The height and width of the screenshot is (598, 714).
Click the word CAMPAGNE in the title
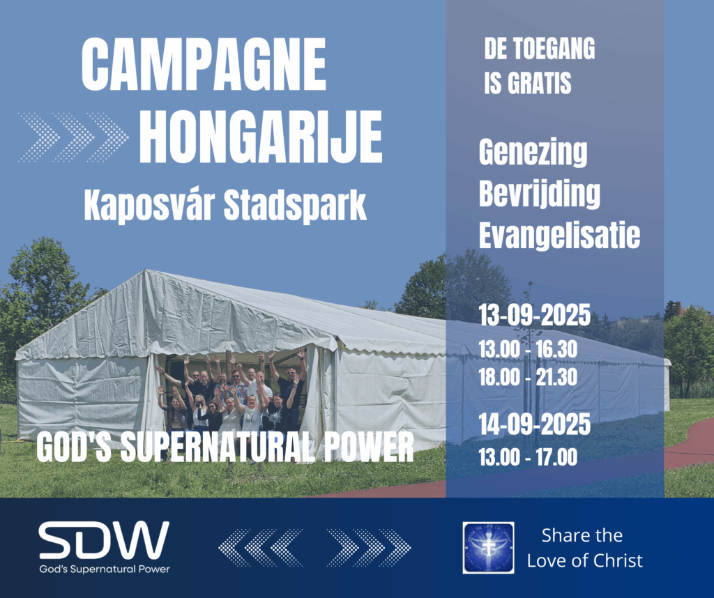pyautogui.click(x=204, y=64)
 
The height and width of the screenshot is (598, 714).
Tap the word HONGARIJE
pyautogui.click(x=261, y=137)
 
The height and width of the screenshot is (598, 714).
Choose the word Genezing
pyautogui.click(x=533, y=153)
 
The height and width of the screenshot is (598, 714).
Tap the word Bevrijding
pyautogui.click(x=540, y=194)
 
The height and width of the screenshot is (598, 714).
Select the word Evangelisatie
pyautogui.click(x=560, y=235)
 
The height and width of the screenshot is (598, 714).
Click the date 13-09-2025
pyautogui.click(x=535, y=314)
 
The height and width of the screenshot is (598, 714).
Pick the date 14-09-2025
pyautogui.click(x=535, y=424)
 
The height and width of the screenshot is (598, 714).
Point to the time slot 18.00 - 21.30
pyautogui.click(x=528, y=377)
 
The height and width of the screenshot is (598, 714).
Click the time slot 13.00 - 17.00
pyautogui.click(x=528, y=457)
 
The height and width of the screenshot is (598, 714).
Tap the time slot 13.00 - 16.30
pyautogui.click(x=528, y=349)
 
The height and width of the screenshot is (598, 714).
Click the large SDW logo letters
pyautogui.click(x=104, y=540)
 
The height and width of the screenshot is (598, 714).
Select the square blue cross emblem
pyautogui.click(x=489, y=548)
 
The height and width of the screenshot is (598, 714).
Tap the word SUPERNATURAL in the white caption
pyautogui.click(x=218, y=447)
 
